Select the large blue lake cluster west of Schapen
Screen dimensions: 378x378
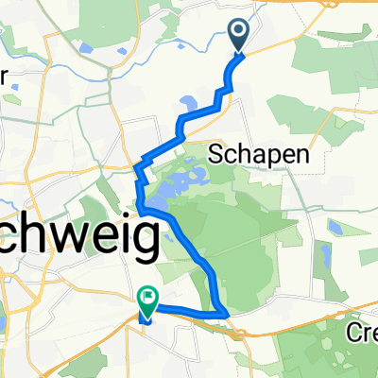[x=175, y=184]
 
